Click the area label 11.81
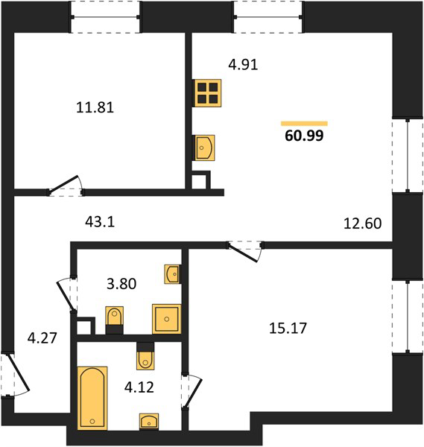coord(95,107)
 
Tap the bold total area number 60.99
coord(304,136)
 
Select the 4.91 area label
coord(243,64)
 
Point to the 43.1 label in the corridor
coord(100,221)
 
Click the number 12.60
coord(363,223)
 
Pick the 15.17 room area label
coord(288,328)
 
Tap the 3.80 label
coord(121,284)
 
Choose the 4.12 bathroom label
coord(139,387)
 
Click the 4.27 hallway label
coord(42,338)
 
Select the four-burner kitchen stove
coord(207,93)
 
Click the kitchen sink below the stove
coord(204,148)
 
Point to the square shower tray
coord(166,319)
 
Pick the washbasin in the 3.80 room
coord(172,274)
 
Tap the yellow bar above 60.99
coord(304,124)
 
